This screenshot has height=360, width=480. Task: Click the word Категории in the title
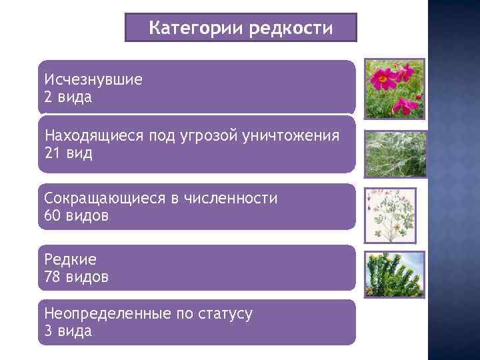pos(196,28)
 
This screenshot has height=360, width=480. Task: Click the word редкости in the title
pos(291,28)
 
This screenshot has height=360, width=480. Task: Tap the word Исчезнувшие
pos(93,79)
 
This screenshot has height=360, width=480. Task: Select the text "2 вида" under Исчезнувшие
pos(68,97)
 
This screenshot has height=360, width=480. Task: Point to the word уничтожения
pos(292,136)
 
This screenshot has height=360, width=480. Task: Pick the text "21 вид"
pos(68,153)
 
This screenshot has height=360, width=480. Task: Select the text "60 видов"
pos(75,215)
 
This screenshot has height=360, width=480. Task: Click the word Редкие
pos(70,259)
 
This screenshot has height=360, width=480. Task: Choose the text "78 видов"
pos(75,276)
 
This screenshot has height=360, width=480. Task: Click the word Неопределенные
pos(106,313)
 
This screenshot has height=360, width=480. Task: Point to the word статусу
pos(225,313)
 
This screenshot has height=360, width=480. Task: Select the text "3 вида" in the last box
pos(68,331)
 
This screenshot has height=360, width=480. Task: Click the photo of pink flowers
pos(393,89)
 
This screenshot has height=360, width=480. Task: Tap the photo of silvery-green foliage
pos(393,153)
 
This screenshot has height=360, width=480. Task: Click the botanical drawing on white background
pos(391,215)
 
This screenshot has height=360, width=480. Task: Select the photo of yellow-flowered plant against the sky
pos(393,274)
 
